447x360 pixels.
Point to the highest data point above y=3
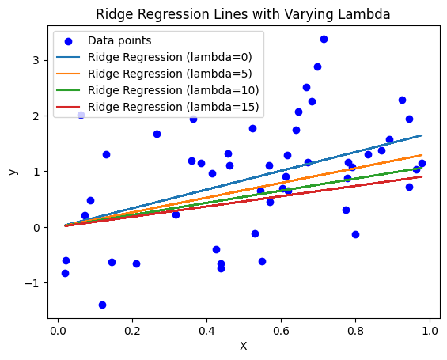click(324, 39)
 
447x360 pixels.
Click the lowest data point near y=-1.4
click(102, 305)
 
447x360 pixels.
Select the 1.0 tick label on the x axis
click(430, 331)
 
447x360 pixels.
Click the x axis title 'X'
click(243, 346)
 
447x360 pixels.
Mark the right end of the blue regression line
click(422, 135)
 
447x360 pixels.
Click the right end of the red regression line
click(422, 176)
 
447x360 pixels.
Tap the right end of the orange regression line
click(422, 155)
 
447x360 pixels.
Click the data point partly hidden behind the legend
click(81, 115)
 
